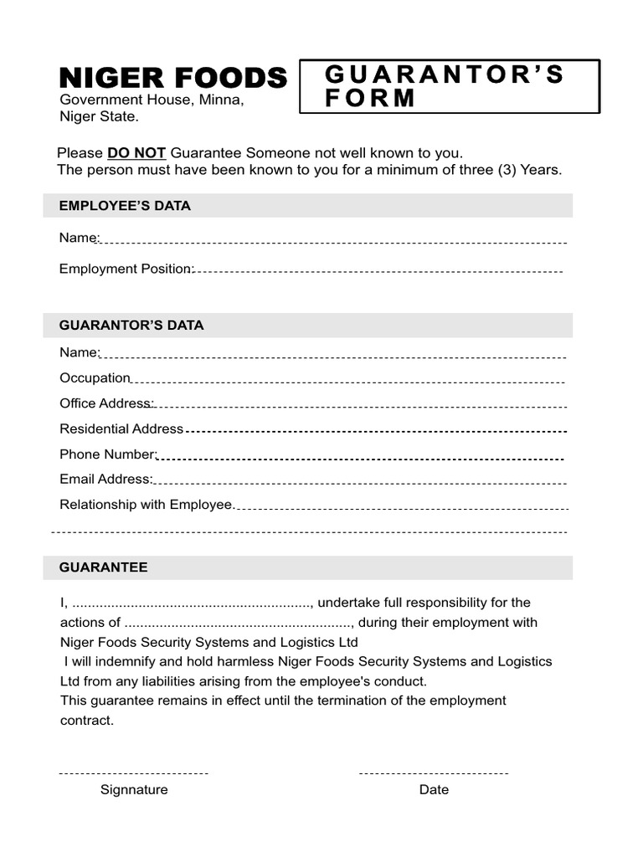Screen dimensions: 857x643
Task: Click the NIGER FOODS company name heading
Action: point(172,78)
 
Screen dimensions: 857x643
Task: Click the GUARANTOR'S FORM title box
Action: point(450,86)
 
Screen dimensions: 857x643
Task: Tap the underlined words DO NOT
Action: point(136,153)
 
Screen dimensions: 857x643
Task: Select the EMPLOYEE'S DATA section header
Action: point(125,206)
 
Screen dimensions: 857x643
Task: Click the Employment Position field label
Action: point(126,269)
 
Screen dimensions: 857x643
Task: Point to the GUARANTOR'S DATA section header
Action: point(131,326)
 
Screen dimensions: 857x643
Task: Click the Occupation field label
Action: point(95,378)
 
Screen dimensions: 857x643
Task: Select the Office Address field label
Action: point(106,403)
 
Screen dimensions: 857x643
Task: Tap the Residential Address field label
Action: point(121,428)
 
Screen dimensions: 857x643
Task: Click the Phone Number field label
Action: point(108,454)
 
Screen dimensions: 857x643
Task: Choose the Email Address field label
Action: point(105,480)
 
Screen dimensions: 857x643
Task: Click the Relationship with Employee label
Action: point(146,505)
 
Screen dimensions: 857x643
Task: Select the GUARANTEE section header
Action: point(103,567)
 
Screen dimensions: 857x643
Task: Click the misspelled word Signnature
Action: point(134,790)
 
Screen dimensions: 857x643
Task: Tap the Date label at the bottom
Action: point(434,790)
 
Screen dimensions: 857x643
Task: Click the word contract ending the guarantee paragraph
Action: point(85,721)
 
